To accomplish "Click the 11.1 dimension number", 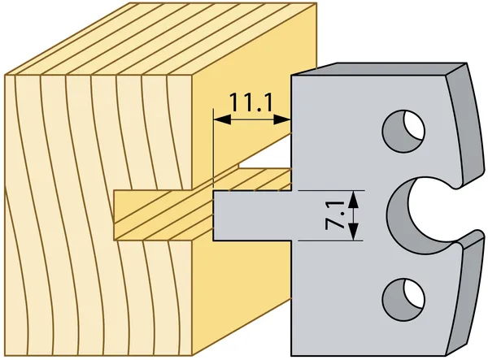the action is click(x=251, y=103).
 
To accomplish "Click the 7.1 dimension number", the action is click(x=334, y=215).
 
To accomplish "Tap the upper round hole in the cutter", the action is click(x=403, y=131).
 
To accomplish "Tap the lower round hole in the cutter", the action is click(x=403, y=300).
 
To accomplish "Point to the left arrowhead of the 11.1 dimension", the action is click(x=222, y=119).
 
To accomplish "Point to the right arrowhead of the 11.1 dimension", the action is click(x=282, y=119).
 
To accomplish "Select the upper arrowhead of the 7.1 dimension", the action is click(x=353, y=200).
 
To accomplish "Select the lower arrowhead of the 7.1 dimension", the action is click(x=353, y=232).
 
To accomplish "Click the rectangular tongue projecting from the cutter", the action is click(x=252, y=215).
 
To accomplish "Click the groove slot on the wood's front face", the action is click(x=153, y=215).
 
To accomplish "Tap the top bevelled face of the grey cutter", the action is click(x=378, y=69).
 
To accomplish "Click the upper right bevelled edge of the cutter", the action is click(x=465, y=124).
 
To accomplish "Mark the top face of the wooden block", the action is click(x=160, y=39).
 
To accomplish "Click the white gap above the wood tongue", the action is click(x=264, y=155).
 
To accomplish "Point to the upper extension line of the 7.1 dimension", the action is click(x=331, y=190).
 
